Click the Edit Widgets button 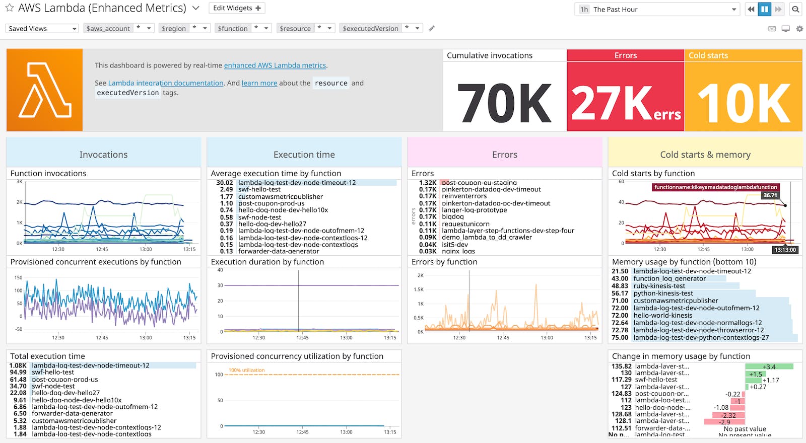[x=237, y=8]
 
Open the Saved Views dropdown [x=42, y=29]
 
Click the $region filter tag [x=174, y=29]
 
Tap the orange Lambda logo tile [x=44, y=90]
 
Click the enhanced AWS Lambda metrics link [x=275, y=65]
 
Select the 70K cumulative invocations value [x=504, y=103]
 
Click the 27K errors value [x=625, y=103]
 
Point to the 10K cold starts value [x=744, y=103]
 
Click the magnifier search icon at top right [x=795, y=9]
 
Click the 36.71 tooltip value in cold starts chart [x=770, y=195]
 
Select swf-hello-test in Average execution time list [x=259, y=190]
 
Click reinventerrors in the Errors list [x=464, y=196]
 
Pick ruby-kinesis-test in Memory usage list [x=659, y=286]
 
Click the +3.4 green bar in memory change [x=769, y=366]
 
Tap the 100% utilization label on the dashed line [x=246, y=370]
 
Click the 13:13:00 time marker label [x=785, y=250]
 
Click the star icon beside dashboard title [x=10, y=8]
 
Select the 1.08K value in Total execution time [x=18, y=365]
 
